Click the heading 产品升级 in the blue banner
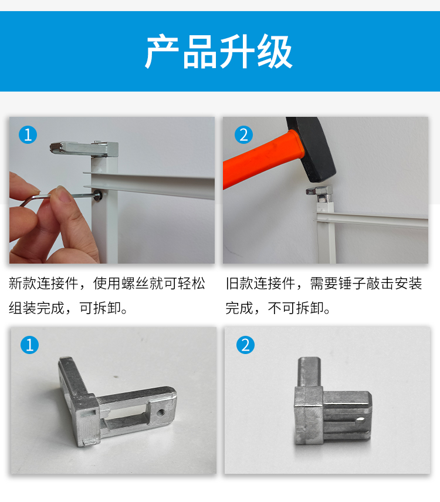(x=219, y=52)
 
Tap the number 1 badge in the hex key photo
(x=28, y=134)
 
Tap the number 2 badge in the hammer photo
(x=243, y=134)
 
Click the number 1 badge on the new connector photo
(x=29, y=345)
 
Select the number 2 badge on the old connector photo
(x=245, y=345)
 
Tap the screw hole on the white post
(x=98, y=195)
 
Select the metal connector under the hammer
(x=320, y=194)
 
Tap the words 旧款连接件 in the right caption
(x=260, y=284)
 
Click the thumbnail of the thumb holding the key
(x=66, y=196)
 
